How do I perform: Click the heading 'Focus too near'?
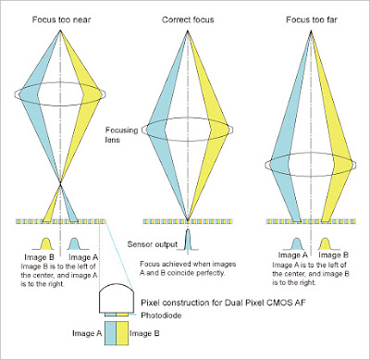62,19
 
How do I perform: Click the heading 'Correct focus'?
188,19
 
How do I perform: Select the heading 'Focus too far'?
312,19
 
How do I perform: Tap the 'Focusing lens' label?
121,135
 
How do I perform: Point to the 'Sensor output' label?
153,244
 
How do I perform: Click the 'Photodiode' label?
161,316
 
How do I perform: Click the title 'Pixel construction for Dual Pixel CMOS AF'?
223,303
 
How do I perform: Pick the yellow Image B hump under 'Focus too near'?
46,243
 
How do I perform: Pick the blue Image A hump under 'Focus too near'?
75,243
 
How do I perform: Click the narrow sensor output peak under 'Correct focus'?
188,240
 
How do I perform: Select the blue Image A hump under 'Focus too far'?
296,243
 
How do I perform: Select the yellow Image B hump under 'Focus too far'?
326,243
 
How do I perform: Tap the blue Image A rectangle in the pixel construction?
110,333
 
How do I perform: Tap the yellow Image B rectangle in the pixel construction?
122,333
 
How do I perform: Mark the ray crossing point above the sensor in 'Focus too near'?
61,184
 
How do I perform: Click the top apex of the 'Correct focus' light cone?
188,31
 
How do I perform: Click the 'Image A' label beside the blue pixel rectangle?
87,333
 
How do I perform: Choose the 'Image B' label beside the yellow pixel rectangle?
144,333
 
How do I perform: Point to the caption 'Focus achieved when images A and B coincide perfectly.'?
188,268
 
